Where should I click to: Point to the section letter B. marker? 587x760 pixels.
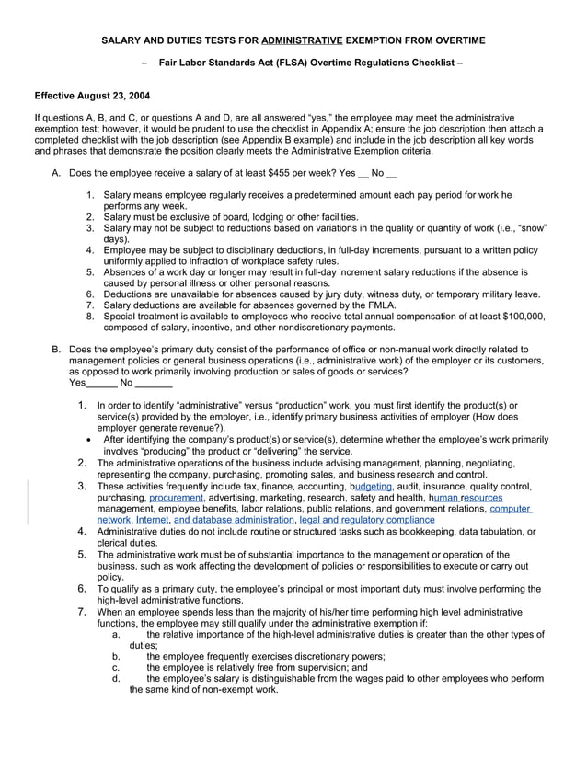click(x=56, y=350)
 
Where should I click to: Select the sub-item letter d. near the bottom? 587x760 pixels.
click(x=116, y=678)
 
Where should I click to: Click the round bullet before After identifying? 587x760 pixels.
click(x=88, y=440)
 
